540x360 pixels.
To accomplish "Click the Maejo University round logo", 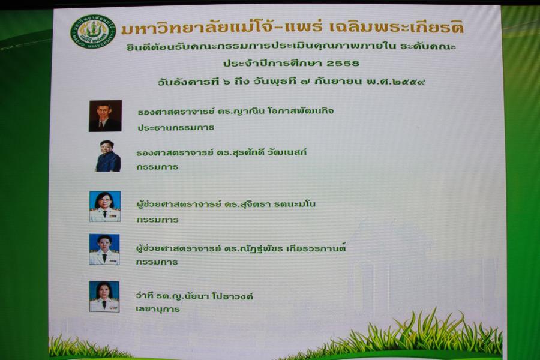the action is point(94,31).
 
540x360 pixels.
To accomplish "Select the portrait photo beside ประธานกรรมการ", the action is point(106,116).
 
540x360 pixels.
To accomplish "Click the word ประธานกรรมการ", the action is point(176,127).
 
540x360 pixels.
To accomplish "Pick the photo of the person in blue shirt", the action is point(108,156).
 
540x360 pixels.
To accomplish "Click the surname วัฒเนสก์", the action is point(287,152).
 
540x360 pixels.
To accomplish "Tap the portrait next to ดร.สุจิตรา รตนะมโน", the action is point(105,206).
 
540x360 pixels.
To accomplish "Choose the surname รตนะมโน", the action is point(295,204).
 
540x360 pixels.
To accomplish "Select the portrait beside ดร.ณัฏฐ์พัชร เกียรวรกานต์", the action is point(104,250).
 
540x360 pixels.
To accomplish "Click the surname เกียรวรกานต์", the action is point(316,248).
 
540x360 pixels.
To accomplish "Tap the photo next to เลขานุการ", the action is point(104,296).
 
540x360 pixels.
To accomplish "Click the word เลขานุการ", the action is point(158,309).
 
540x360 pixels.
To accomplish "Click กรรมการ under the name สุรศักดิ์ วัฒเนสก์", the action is point(157,167).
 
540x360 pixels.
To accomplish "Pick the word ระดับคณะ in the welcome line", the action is point(428,46).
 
